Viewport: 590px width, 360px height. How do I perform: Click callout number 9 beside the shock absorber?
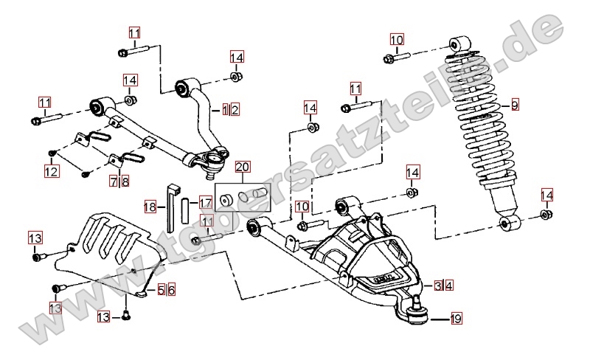click(515, 105)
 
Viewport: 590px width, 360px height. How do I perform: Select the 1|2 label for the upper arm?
click(231, 110)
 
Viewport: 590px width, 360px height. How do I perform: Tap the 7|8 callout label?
click(120, 180)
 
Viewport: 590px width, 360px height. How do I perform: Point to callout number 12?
click(51, 172)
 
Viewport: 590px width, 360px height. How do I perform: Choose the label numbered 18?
click(150, 207)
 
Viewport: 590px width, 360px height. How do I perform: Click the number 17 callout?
click(206, 201)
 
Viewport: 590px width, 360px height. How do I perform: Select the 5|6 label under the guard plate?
click(166, 291)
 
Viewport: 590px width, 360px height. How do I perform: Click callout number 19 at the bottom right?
click(456, 319)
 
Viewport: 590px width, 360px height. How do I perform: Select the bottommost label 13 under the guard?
click(105, 316)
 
